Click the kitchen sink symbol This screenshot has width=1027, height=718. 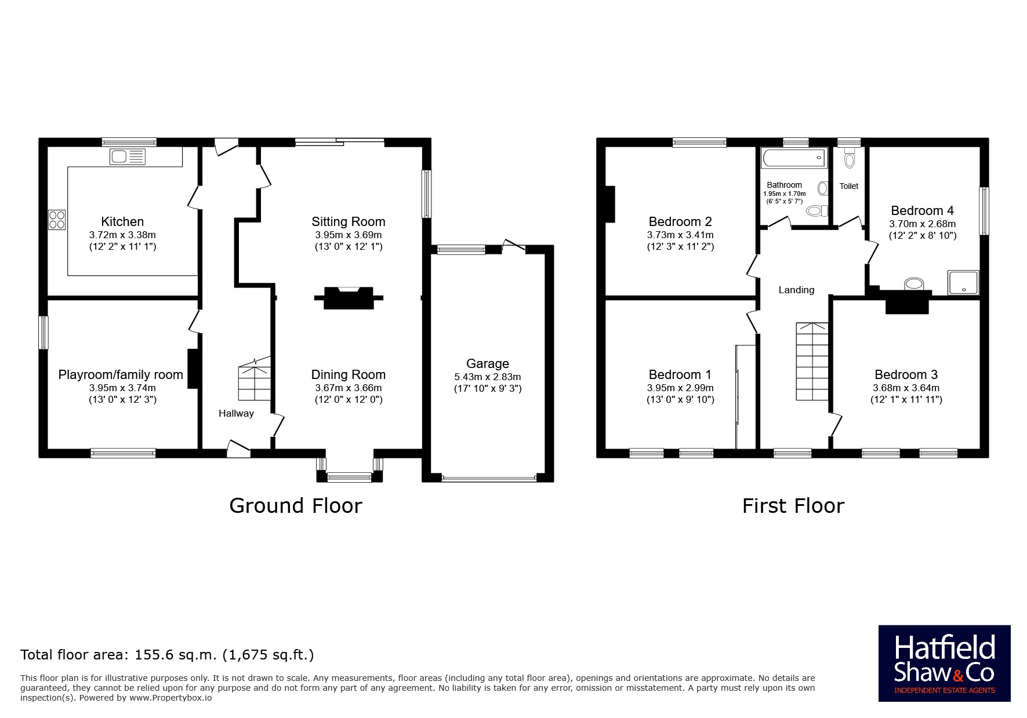127,156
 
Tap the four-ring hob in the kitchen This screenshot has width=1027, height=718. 57,220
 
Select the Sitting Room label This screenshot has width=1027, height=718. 348,221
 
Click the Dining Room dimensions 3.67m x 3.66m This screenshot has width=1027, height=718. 349,388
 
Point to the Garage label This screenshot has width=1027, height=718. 488,363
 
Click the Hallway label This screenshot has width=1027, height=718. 236,413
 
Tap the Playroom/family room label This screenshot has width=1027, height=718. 121,375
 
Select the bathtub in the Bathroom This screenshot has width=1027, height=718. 793,156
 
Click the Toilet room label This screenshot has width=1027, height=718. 849,186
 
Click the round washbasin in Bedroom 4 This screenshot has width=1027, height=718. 914,283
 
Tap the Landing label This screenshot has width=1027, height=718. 796,290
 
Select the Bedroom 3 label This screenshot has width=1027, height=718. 906,374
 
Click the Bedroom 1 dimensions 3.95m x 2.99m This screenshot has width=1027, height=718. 680,388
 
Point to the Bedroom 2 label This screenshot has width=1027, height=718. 680,221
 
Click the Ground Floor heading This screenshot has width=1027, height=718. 296,506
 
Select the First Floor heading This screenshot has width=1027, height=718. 793,506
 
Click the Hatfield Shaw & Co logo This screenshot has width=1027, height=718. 945,664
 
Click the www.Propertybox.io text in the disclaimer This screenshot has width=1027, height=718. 170,698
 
